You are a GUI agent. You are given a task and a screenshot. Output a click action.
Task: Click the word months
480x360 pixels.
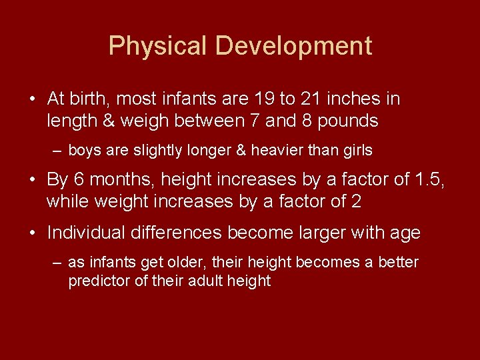click(118, 179)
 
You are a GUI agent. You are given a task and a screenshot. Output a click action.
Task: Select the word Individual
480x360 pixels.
click(87, 233)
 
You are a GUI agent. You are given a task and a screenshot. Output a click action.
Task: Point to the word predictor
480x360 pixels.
click(99, 281)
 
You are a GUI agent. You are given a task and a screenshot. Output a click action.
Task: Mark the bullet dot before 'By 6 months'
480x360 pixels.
click(33, 180)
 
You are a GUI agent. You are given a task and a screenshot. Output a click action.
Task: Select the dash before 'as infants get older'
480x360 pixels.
click(57, 263)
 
